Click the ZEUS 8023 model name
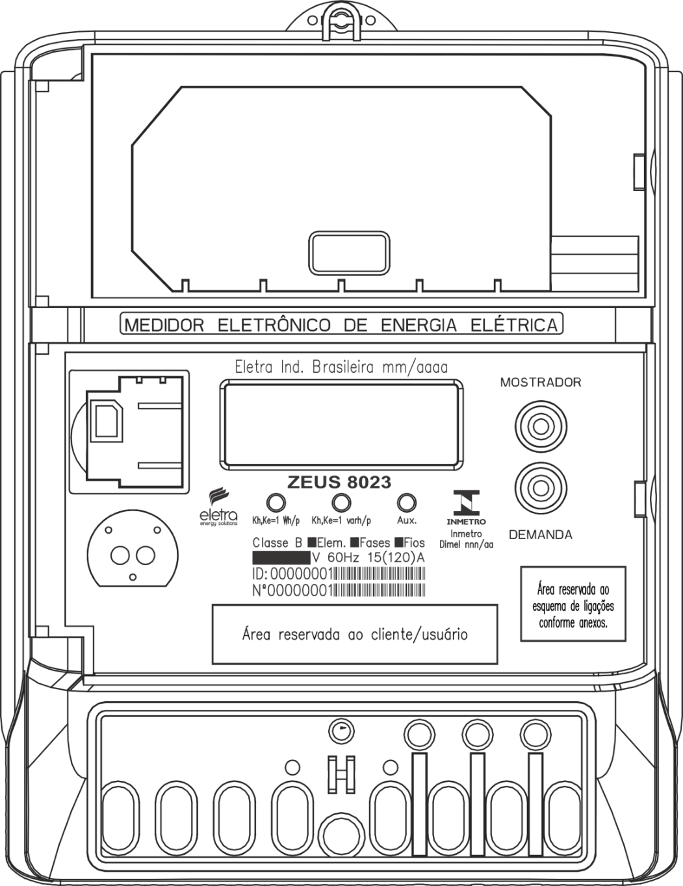pos(339,482)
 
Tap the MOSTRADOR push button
pos(541,427)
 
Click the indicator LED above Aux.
pos(407,502)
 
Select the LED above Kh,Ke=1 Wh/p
pos(276,502)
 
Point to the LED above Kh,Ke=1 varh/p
pos(341,502)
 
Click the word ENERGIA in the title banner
pos(419,325)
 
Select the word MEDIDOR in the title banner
pos(164,325)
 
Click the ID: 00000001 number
pos(293,574)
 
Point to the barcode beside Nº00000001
pos(380,590)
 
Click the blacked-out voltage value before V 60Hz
pos(281,557)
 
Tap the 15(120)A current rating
pos(396,557)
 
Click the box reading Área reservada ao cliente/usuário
pos(355,635)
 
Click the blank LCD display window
pos(342,425)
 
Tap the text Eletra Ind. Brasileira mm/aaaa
pos(341,367)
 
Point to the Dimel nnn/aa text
pos(466,544)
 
